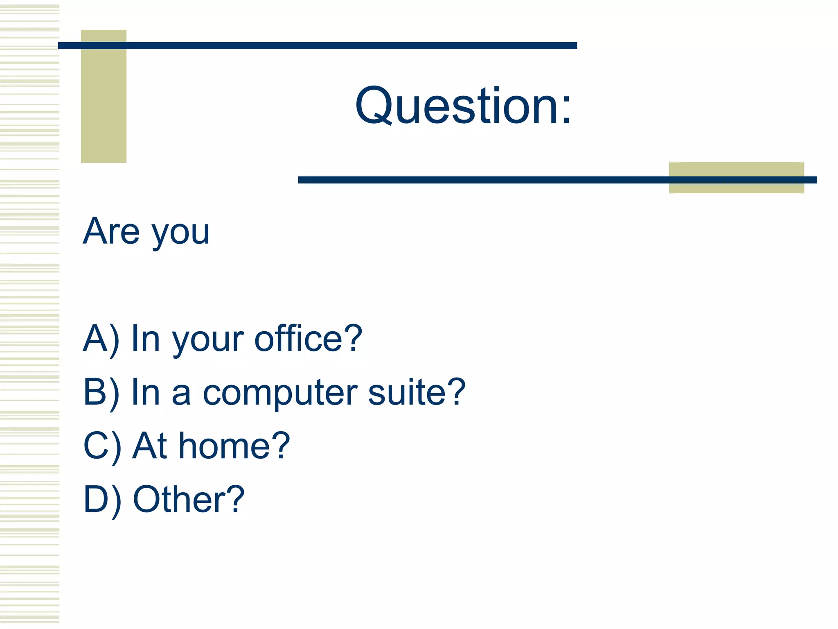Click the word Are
[111, 231]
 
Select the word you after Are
[180, 233]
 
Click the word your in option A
[208, 341]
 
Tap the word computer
[281, 393]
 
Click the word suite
[406, 392]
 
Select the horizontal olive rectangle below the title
[736, 171]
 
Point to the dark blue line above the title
[318, 45]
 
